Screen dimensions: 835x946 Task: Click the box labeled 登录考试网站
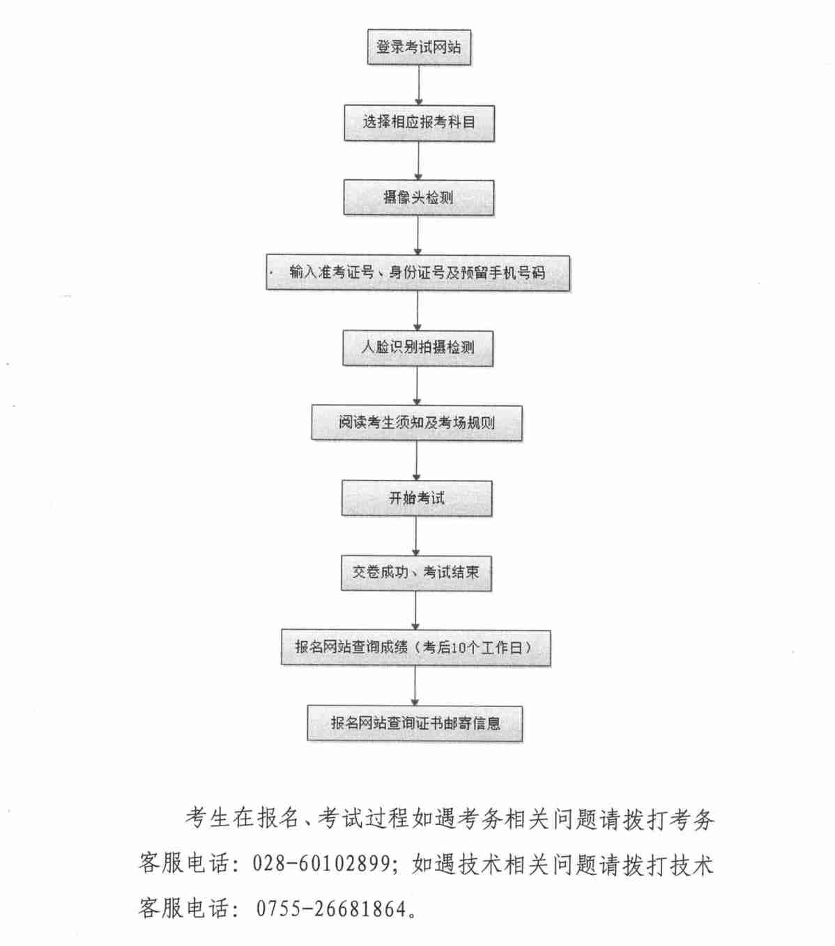(x=419, y=47)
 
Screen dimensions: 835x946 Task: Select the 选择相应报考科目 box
(x=419, y=123)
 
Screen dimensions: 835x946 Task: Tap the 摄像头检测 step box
(x=419, y=198)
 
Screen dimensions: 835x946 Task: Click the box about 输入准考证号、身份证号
(x=417, y=272)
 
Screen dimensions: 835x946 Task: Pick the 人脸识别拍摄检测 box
(x=417, y=348)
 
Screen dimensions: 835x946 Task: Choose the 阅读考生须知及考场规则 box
(x=417, y=423)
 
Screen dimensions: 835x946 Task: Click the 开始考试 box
(x=417, y=498)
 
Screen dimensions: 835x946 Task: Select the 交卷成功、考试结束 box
(x=416, y=573)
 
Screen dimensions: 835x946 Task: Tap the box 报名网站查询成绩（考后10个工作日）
(x=416, y=648)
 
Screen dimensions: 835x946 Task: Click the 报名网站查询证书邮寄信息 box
(x=415, y=723)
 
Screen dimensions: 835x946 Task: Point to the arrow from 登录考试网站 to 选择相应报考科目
(x=419, y=85)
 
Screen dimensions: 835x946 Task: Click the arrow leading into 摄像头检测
(x=418, y=160)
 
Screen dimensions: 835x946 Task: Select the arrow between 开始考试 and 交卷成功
(x=416, y=536)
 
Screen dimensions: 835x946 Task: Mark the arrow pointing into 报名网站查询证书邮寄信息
(x=415, y=685)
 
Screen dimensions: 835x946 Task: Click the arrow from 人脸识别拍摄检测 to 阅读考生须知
(x=417, y=386)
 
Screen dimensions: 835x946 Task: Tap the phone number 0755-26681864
(x=331, y=908)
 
